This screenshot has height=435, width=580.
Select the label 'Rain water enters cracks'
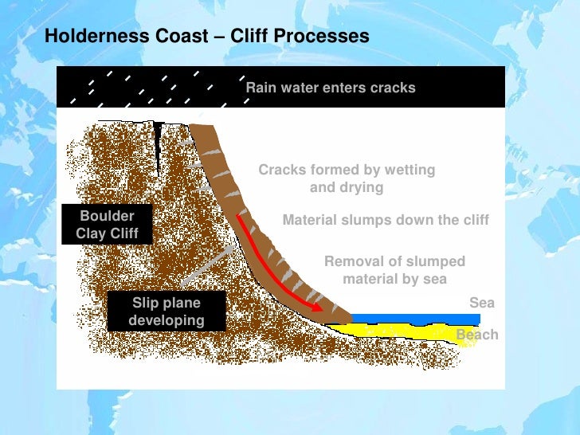[331, 88]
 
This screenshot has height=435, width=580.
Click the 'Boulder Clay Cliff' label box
[107, 224]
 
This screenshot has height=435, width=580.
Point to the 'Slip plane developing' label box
[166, 312]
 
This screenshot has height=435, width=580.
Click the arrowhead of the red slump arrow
[318, 308]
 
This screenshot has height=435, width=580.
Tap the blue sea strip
[414, 319]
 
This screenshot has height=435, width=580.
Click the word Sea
[482, 303]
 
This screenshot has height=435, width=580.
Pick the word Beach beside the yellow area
[477, 335]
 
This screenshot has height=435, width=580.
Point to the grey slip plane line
[207, 265]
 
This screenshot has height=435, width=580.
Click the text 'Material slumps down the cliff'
[386, 220]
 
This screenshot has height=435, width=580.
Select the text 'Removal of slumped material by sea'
[394, 270]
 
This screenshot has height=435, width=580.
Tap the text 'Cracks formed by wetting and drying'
[347, 178]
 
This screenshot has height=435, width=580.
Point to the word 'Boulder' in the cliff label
[107, 216]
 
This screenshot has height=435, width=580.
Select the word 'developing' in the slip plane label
[166, 320]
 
